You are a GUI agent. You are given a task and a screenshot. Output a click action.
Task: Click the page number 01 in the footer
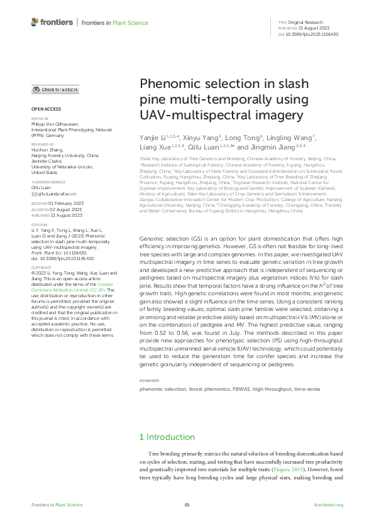pyautogui.click(x=187, y=505)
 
